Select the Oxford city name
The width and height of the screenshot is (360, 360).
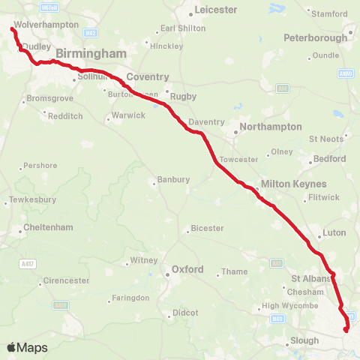coord(187,268)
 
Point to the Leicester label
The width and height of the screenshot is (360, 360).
coord(216,10)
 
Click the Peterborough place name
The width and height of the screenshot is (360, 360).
coord(314,37)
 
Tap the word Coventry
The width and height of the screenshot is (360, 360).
coord(147,77)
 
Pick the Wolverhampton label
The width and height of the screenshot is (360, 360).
coord(46,25)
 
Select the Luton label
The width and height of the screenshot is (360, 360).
coord(334,232)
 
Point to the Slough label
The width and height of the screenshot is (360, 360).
coord(304,340)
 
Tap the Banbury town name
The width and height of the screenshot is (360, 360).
coord(173,180)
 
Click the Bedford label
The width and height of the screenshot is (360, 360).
coord(331,159)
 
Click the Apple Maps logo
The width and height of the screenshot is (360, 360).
coord(27,347)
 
